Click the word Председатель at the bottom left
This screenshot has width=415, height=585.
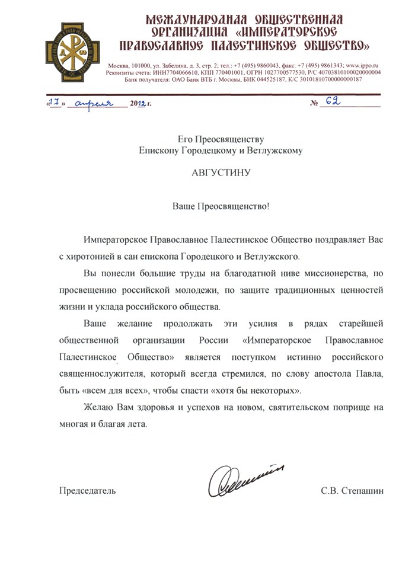click(x=87, y=491)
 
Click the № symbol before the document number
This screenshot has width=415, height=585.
click(x=314, y=103)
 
